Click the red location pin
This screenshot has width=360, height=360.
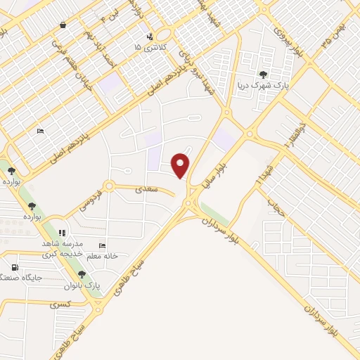pyautogui.click(x=181, y=164)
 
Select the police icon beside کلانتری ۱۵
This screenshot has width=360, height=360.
pyautogui.click(x=149, y=37)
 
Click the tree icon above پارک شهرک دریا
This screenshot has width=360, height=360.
pyautogui.click(x=263, y=73)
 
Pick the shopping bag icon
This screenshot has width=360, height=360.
pyautogui.click(x=63, y=25)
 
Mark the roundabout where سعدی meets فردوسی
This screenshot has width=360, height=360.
pyautogui.click(x=108, y=187)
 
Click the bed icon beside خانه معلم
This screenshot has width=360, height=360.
pyautogui.click(x=103, y=246)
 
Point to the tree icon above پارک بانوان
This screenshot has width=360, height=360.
pyautogui.click(x=82, y=274)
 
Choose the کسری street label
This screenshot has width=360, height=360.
pyautogui.click(x=59, y=305)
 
